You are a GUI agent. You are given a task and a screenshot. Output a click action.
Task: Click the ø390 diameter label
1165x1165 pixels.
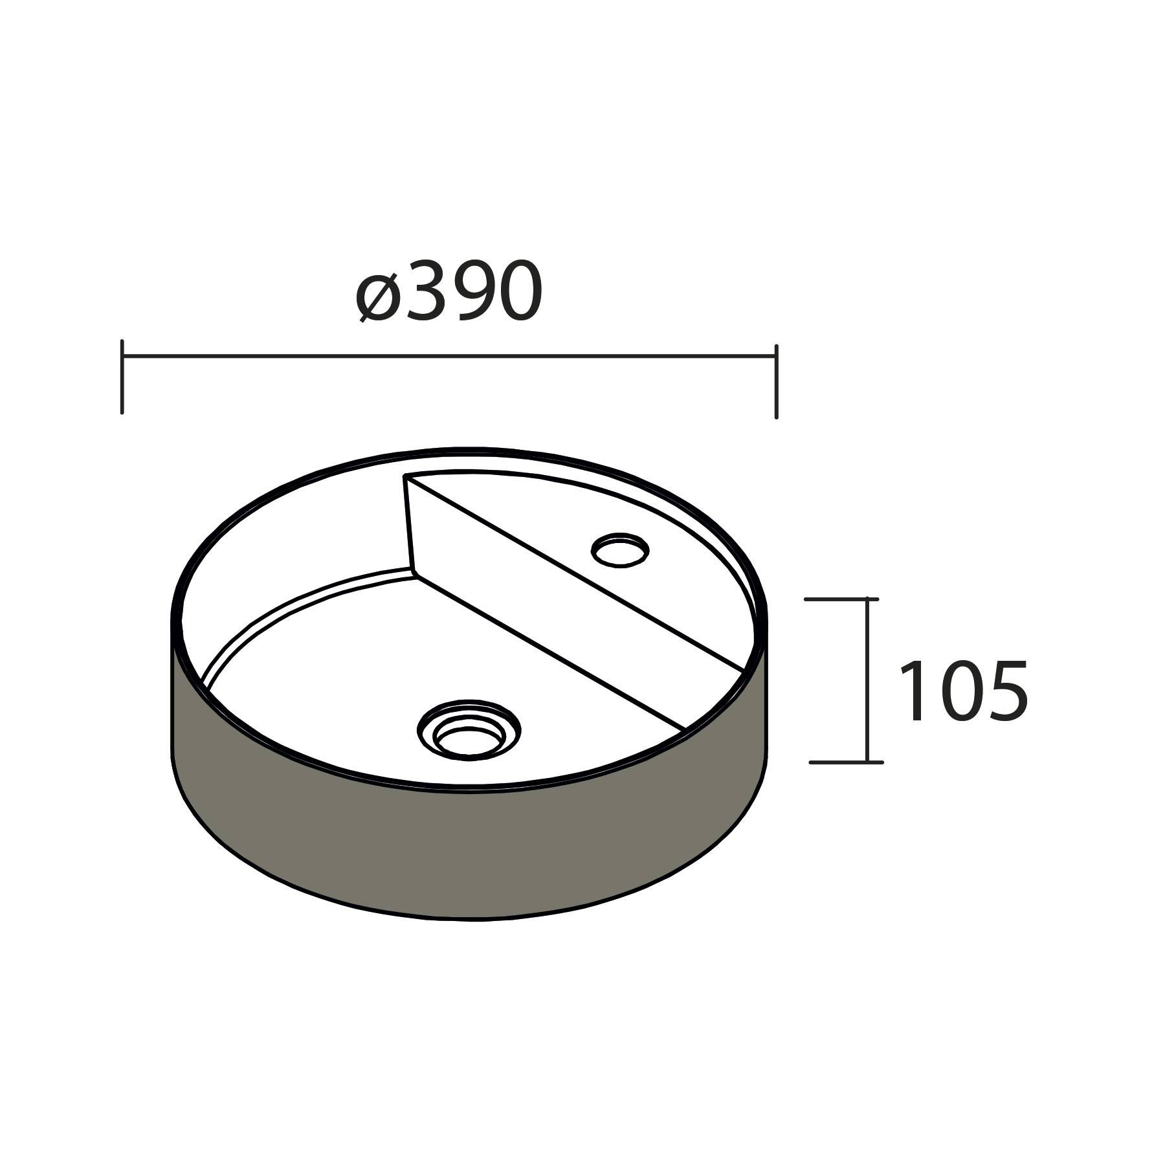(449, 293)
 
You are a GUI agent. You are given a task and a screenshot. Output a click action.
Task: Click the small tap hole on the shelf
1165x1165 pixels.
(620, 550)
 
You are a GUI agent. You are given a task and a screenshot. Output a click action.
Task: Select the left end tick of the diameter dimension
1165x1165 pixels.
(122, 375)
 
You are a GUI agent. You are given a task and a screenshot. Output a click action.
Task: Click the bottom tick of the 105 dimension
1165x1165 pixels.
(845, 762)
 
